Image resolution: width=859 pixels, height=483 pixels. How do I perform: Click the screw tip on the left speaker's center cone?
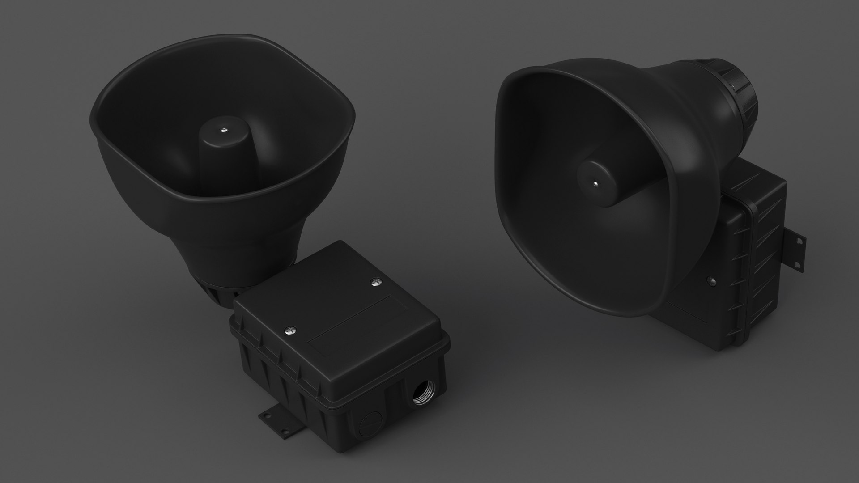223,130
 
